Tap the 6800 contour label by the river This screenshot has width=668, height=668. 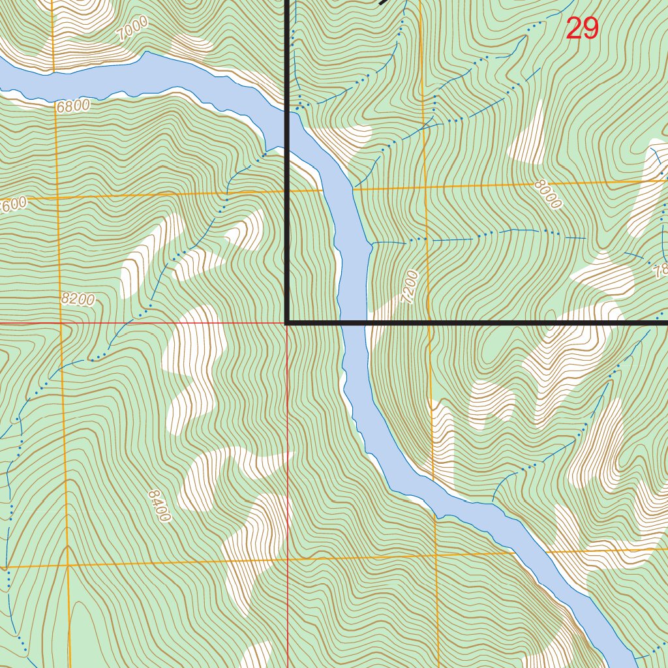(x=72, y=106)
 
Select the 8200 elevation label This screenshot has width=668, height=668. (x=78, y=299)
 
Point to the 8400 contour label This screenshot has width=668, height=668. (x=159, y=506)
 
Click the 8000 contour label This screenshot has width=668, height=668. (x=547, y=194)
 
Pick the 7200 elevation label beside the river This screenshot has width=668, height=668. (x=410, y=288)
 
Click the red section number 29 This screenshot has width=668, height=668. (x=582, y=29)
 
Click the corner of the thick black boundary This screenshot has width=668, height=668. (x=287, y=322)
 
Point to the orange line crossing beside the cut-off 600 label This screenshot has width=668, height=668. (x=57, y=196)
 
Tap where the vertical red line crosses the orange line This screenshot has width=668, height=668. (x=288, y=559)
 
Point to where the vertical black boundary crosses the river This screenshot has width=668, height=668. (x=287, y=114)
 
